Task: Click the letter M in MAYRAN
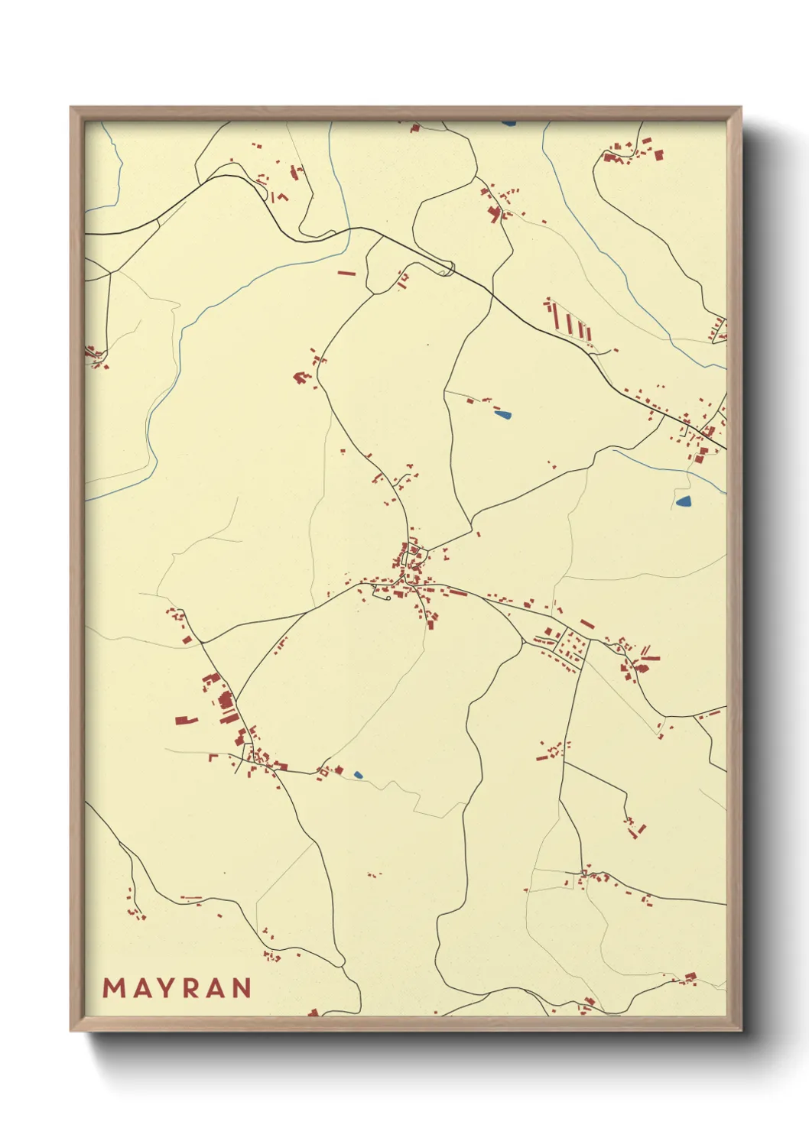click(114, 988)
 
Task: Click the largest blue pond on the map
click(684, 502)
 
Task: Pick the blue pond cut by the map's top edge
click(508, 122)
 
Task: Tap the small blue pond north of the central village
click(502, 416)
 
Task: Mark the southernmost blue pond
click(358, 775)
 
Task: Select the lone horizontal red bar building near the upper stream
click(346, 271)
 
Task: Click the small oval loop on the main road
click(447, 269)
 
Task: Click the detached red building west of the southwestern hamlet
click(186, 720)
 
